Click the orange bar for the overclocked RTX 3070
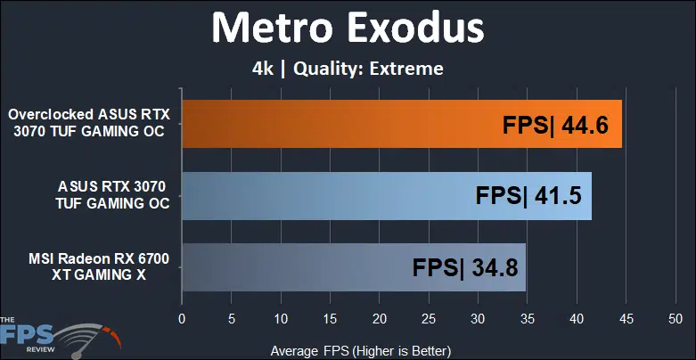402,124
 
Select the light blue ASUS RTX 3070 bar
387,196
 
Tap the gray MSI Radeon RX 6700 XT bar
354,267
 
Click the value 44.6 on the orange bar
585,126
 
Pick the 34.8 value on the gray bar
495,268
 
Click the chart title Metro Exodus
348,28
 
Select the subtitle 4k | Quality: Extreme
348,69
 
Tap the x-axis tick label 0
182,319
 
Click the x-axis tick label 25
429,319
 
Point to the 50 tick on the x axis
676,319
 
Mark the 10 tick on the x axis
280,319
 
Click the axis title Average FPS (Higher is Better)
360,351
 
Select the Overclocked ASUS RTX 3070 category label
89,123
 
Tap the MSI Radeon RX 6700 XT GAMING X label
99,266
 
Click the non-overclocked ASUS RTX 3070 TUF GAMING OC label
112,195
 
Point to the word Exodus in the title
416,28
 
